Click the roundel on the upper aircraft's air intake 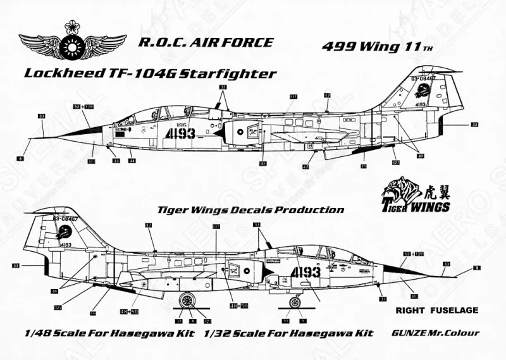(x=246, y=133)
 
